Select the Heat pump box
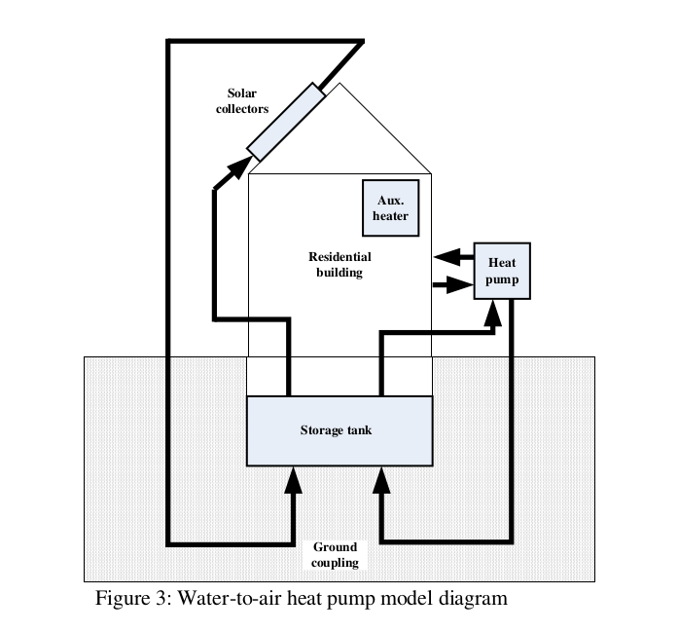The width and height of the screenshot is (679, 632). tap(502, 271)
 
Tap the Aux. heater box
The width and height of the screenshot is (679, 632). tap(390, 208)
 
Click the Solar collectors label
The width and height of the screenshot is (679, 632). tap(241, 101)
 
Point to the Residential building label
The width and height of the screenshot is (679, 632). tap(339, 265)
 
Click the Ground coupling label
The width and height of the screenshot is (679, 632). tap(336, 555)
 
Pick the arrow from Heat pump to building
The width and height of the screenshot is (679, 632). tap(448, 258)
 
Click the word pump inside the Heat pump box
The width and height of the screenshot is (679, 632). tap(502, 280)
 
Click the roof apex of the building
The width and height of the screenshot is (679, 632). tap(339, 85)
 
